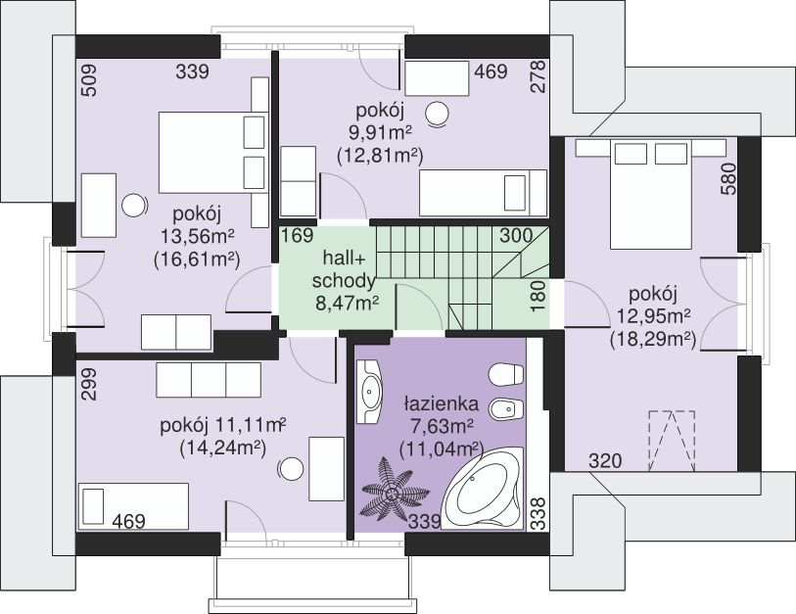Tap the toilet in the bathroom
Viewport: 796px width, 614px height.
(505, 374)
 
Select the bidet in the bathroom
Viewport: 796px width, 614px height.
(505, 407)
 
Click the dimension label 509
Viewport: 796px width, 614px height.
(89, 79)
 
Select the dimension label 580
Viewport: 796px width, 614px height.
(728, 178)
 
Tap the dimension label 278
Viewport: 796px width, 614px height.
(538, 76)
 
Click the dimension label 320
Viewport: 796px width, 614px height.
(605, 461)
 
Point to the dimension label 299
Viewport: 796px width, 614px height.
(89, 385)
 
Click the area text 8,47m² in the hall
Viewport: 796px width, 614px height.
(348, 304)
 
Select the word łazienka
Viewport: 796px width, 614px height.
(442, 403)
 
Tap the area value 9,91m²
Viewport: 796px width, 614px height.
(380, 133)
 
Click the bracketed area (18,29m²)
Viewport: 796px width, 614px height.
(653, 339)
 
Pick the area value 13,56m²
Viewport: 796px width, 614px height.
(198, 236)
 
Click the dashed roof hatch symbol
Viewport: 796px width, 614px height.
(672, 441)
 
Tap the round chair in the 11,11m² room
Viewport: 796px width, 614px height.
(292, 469)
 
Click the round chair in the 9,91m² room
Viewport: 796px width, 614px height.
(437, 114)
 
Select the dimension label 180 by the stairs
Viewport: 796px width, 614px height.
(538, 296)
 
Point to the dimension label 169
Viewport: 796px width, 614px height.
(298, 236)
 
